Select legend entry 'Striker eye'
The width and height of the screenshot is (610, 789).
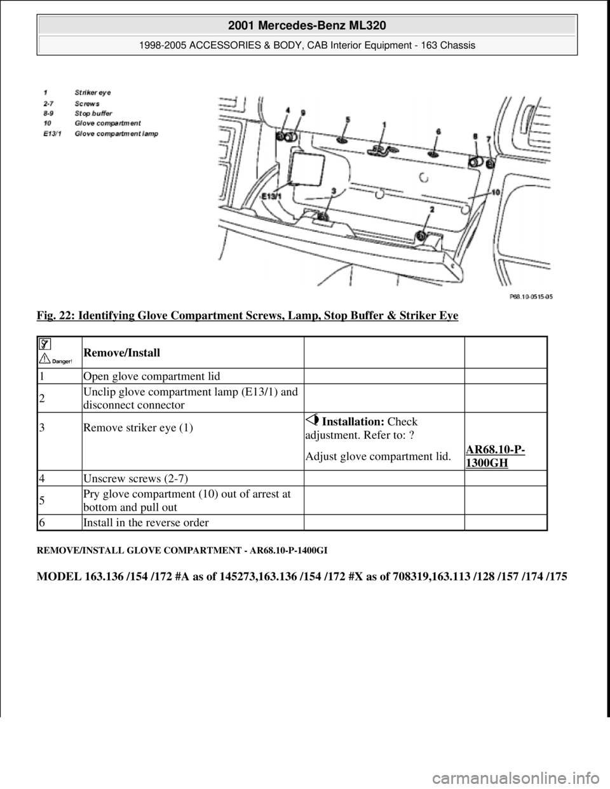(93, 93)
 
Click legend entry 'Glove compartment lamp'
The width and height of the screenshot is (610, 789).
(116, 133)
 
